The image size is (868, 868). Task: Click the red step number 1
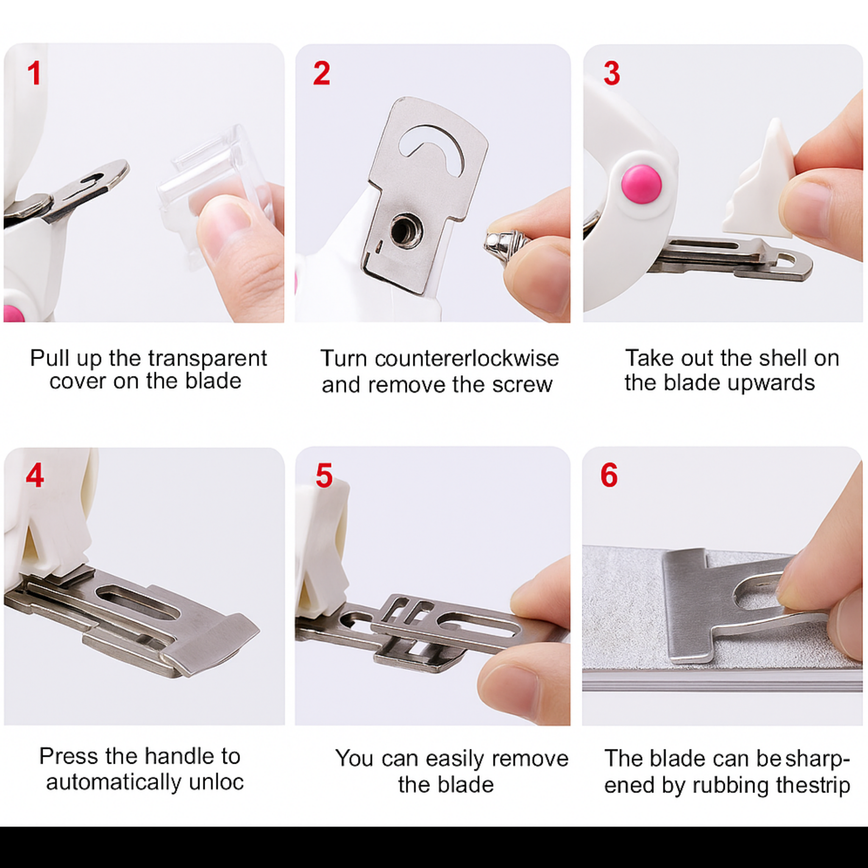[34, 73]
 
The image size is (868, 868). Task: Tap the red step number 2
[322, 73]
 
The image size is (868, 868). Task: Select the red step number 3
[612, 73]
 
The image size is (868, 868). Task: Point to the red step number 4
[35, 476]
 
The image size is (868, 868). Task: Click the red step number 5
[324, 476]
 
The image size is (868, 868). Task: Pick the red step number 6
[609, 476]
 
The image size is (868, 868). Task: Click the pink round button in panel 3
[641, 184]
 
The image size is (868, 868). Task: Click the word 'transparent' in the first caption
[208, 359]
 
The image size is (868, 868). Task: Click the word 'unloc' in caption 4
[216, 782]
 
